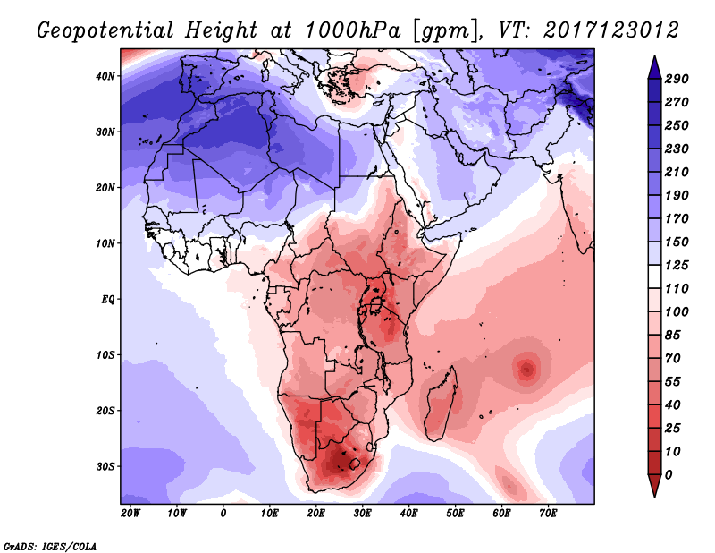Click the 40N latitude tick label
coord(106,76)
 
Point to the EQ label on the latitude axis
coord(108,299)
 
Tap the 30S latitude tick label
coord(106,466)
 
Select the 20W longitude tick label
coord(130,514)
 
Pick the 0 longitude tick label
coord(223,514)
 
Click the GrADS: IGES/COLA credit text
coord(49,545)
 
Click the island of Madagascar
coord(443,400)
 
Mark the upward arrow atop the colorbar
coord(654,65)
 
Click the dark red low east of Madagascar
coord(527,367)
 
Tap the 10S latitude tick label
coord(106,355)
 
